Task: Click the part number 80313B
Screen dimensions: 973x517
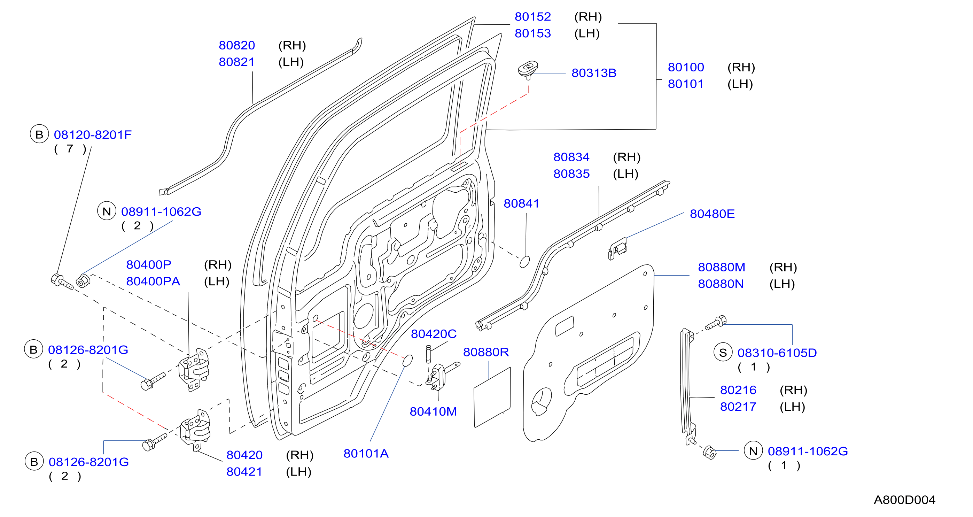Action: (x=594, y=73)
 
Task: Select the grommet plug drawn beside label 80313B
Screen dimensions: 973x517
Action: (x=528, y=70)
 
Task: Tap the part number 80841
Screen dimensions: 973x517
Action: (x=521, y=204)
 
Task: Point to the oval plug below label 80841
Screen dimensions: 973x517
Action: (x=525, y=262)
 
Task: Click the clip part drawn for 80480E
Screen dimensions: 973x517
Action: (x=617, y=249)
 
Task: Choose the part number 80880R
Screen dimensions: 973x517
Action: (x=486, y=352)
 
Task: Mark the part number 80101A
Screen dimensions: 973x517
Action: (x=366, y=454)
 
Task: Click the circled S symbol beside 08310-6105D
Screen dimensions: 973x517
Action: (x=723, y=353)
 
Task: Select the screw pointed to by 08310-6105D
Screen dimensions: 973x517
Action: (x=715, y=323)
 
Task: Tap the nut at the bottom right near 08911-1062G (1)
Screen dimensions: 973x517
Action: (x=710, y=452)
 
